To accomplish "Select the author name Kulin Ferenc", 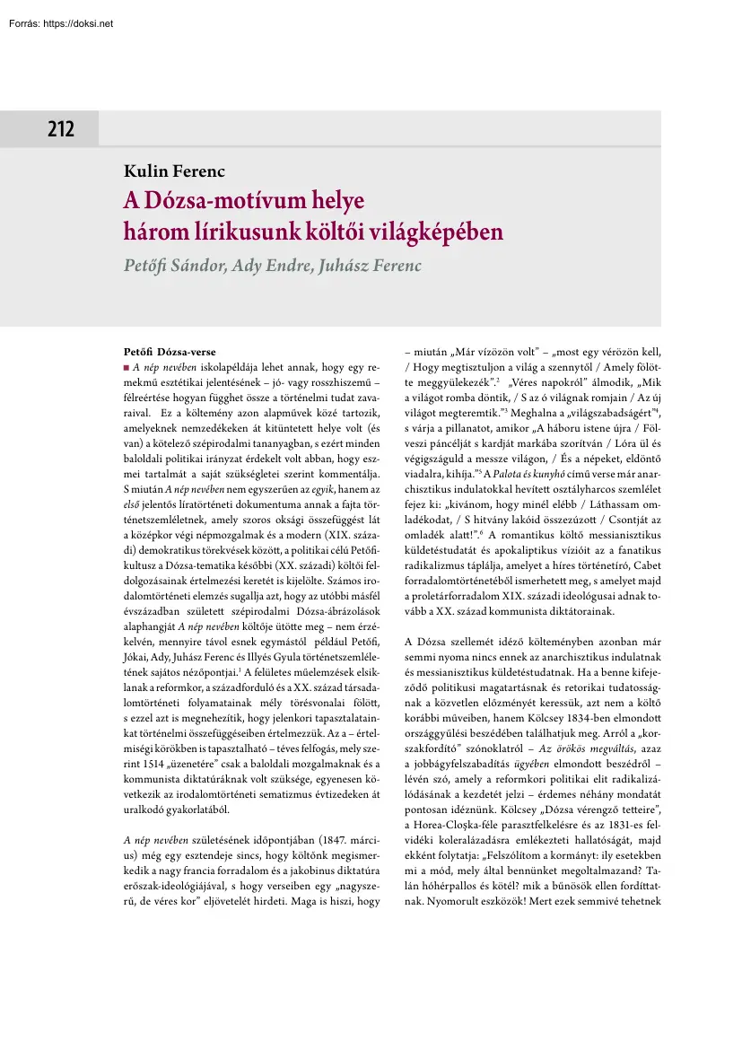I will [x=174, y=172].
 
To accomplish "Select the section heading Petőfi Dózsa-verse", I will [x=169, y=351].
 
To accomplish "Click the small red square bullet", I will [x=126, y=368].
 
